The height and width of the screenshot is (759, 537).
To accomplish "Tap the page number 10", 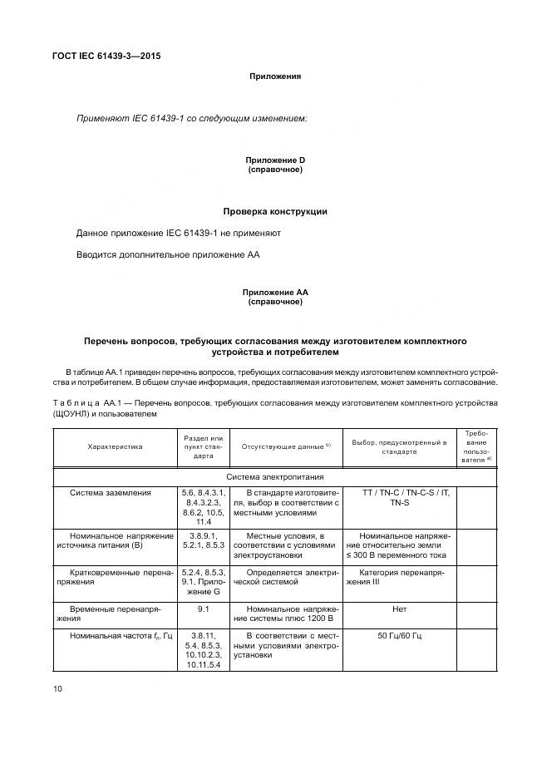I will coord(57,688).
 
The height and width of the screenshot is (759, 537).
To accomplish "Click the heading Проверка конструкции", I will coord(275,211).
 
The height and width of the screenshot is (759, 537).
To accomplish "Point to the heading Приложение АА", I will coord(275,293).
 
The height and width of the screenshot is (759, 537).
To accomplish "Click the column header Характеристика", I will coord(115,446).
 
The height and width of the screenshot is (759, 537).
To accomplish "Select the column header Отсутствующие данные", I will coord(286,446).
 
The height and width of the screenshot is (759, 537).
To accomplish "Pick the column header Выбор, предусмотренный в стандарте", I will coord(400,446).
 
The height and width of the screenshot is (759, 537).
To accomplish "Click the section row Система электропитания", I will coord(275,477).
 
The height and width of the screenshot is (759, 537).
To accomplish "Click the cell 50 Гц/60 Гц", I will coord(400,636).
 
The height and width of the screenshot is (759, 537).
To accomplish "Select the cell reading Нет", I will coord(400,609).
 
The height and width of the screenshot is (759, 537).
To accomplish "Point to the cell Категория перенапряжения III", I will coord(400,578).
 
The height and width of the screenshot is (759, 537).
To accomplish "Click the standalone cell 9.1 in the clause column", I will coord(203,609).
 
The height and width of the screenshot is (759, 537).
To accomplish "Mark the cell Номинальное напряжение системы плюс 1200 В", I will coord(286,614).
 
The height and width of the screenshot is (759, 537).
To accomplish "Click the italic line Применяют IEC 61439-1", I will coord(192,119).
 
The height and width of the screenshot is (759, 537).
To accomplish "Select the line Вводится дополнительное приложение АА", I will coord(168,254).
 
